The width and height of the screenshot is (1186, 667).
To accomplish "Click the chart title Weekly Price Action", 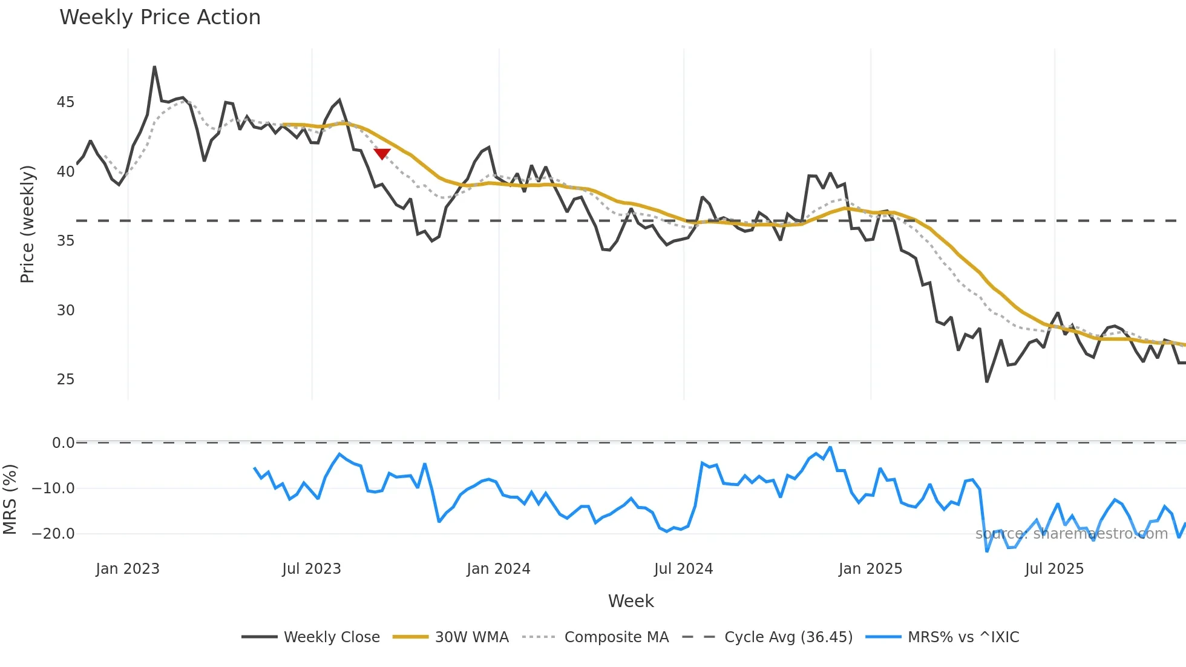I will (160, 18).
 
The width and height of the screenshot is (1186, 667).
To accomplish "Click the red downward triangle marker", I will (382, 154).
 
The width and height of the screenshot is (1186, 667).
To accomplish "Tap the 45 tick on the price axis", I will (65, 102).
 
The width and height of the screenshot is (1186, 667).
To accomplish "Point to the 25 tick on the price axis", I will (65, 379).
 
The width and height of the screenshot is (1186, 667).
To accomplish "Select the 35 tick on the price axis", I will (65, 241).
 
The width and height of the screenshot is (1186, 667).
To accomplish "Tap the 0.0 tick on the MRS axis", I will (63, 443).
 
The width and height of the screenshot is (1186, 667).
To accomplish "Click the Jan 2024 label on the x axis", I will (498, 569).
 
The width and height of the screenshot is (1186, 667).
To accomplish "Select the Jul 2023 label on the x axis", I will (312, 569).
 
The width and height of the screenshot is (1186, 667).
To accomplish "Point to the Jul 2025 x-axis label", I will (1054, 569).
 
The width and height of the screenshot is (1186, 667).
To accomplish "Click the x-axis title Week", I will (631, 601).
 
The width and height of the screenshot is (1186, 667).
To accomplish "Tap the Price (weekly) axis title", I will (27, 224).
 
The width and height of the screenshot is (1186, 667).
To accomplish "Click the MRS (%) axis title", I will (10, 499).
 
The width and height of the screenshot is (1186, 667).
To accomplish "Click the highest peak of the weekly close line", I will (154, 67).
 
